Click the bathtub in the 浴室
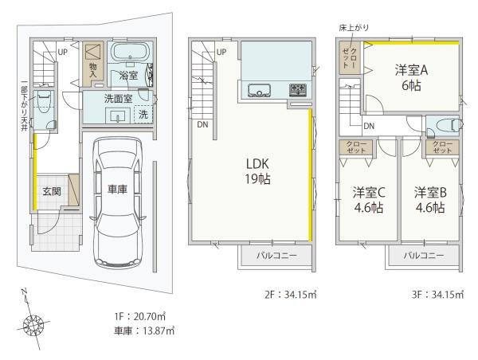point(130,52)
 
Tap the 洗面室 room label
point(118,99)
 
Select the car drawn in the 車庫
point(118,203)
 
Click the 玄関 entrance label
point(52,191)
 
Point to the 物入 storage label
point(93,70)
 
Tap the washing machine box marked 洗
point(143,114)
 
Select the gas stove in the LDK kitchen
point(297,90)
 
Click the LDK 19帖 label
point(257,171)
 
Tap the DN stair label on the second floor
point(202,124)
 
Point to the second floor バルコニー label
point(276,256)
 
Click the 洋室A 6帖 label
point(411,78)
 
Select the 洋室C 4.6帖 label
point(369,200)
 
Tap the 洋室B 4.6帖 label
point(430,200)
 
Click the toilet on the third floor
point(448,125)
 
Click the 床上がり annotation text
point(354,27)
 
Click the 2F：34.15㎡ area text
point(291,295)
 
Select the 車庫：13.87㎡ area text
point(144,331)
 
